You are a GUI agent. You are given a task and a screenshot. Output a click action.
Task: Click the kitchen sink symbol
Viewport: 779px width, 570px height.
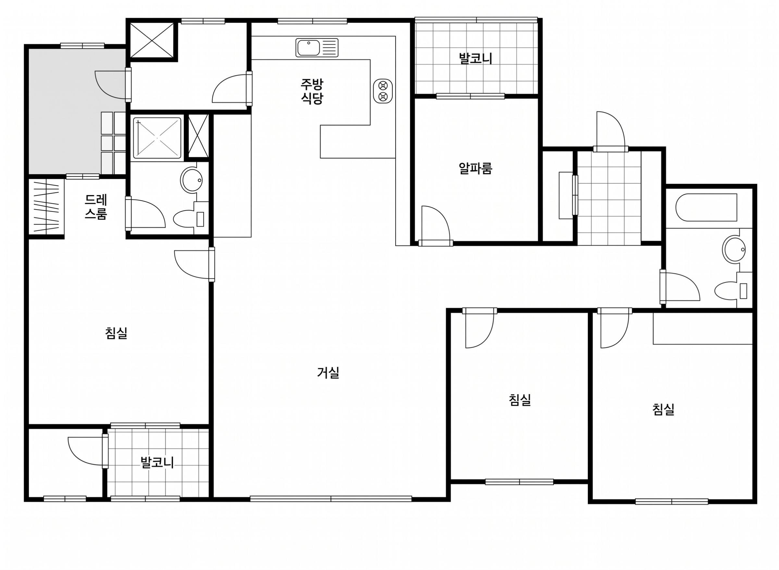coord(316,48)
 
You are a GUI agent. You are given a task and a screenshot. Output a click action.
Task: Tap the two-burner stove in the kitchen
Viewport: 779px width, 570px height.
coord(383,91)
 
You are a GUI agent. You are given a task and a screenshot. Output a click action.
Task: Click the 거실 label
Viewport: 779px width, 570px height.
coord(328,373)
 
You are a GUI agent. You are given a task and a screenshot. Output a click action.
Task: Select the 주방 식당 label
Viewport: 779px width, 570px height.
coord(312,91)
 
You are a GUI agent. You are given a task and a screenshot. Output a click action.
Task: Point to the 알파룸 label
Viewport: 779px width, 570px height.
coord(475,168)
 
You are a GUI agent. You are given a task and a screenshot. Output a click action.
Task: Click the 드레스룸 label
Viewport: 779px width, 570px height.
coord(96,207)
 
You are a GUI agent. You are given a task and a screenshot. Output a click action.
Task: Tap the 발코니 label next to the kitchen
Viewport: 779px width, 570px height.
coord(475,58)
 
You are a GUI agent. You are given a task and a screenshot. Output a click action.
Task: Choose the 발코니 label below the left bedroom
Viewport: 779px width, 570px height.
coord(157,462)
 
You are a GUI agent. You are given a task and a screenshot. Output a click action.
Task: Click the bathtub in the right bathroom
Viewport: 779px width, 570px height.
coord(706,207)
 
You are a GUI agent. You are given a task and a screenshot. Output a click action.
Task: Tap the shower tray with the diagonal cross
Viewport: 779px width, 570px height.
coord(157,138)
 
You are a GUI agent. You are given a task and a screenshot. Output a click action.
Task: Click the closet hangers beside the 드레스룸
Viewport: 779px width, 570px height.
coord(46,206)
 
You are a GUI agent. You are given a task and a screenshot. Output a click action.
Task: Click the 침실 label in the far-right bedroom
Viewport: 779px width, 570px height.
coord(663,409)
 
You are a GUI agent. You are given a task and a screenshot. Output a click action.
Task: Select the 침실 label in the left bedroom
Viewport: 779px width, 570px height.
coord(116,333)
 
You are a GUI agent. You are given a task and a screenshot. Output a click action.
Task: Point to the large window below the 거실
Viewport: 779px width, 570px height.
coord(331,498)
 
